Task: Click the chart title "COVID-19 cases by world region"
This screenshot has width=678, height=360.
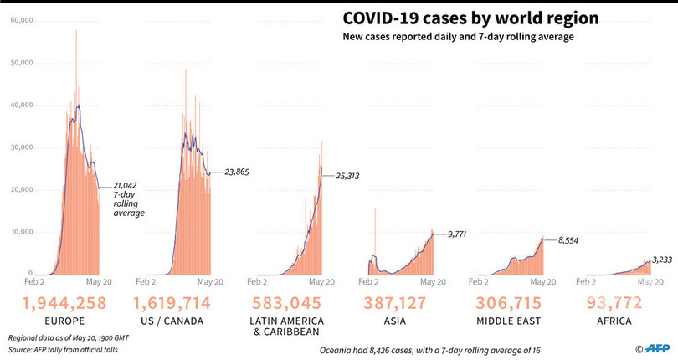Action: (469, 18)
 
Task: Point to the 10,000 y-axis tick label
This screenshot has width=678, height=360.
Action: (18, 232)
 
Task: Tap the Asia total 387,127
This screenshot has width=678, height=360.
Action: (400, 302)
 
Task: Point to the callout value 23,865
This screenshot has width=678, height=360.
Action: (237, 172)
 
